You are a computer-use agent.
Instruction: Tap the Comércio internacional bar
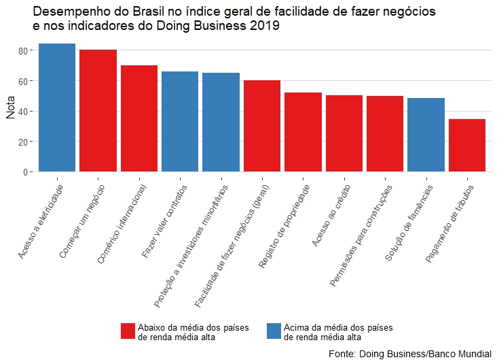[139, 118]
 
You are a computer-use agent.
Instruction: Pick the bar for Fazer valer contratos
[180, 122]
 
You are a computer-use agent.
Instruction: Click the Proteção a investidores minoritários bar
[221, 122]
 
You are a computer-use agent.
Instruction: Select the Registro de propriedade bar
[303, 132]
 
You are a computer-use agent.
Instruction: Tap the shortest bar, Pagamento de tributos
[467, 146]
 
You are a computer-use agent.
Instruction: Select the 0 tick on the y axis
[26, 172]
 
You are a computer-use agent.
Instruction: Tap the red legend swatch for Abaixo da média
[128, 331]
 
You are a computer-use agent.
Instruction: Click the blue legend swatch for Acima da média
[274, 331]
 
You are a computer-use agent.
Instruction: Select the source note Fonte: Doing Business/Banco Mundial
[409, 354]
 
